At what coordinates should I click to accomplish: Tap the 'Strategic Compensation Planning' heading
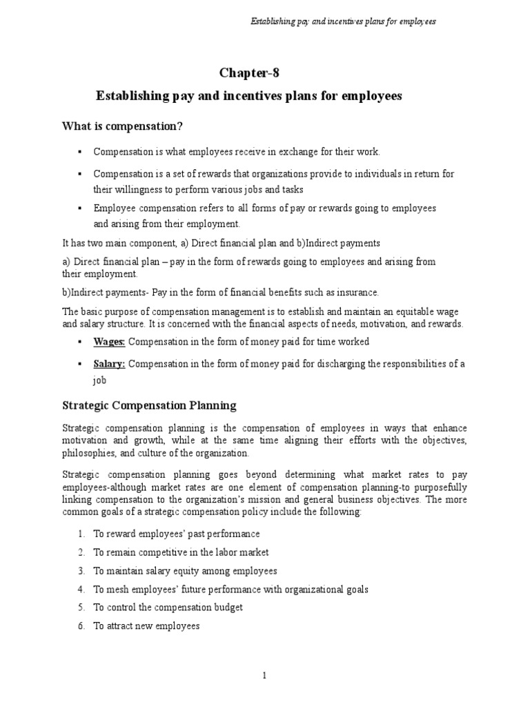pos(149,405)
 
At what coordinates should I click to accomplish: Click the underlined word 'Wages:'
pos(110,342)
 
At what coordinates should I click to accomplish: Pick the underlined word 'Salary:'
pos(110,364)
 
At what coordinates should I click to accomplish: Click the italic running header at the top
pos(342,21)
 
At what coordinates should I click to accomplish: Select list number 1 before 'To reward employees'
pos(81,534)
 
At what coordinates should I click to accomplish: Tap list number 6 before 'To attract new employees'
pos(81,626)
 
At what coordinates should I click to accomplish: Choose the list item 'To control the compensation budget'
pos(168,608)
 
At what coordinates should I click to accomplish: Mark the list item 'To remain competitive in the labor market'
pos(181,552)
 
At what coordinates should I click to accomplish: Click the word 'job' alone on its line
pos(100,380)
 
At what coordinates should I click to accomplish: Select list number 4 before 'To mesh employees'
pos(81,589)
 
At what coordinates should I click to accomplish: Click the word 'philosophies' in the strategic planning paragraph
pos(88,453)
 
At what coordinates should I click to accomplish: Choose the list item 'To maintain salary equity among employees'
pos(185,571)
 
